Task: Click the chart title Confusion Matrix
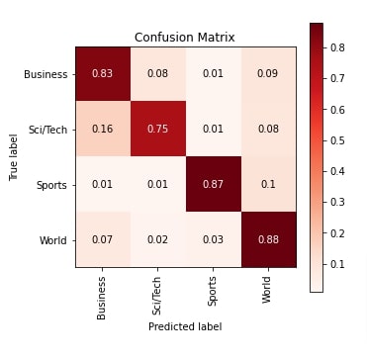[185, 38]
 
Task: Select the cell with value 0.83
[102, 73]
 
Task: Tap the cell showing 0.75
[158, 128]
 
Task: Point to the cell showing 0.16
[102, 128]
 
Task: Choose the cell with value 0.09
[269, 73]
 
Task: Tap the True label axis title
[13, 156]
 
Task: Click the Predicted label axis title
[185, 326]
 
